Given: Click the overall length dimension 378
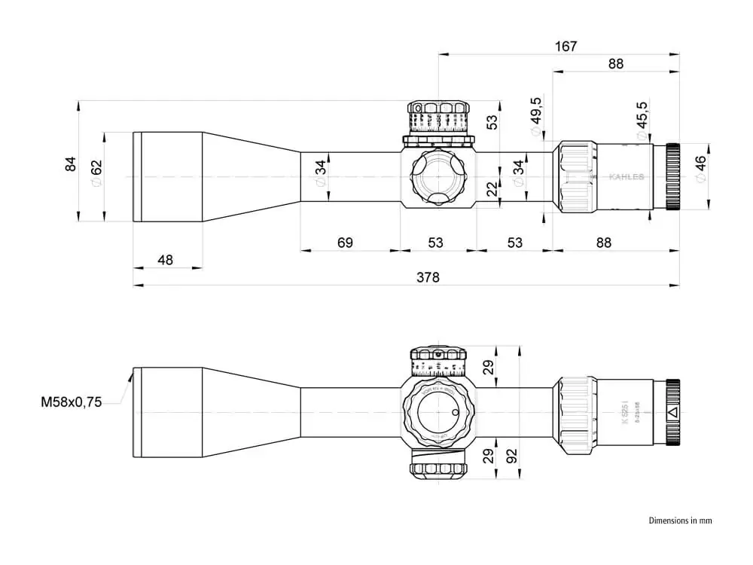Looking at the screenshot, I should (427, 277).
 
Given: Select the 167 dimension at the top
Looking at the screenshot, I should (566, 46).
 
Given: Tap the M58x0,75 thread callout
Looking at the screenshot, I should (71, 402).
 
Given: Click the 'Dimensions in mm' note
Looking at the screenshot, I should (680, 520).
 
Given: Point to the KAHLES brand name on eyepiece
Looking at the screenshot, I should (626, 177).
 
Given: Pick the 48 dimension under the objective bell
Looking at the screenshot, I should (166, 259).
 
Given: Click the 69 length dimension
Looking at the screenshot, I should (345, 243).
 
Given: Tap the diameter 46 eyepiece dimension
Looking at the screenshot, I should (700, 169).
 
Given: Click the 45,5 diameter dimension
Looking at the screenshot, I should (642, 117).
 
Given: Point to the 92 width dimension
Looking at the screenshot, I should (513, 456).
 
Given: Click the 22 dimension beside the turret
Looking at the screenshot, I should (492, 189).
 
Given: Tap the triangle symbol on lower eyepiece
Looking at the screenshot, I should (672, 412).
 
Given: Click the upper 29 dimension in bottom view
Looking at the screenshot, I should (488, 367).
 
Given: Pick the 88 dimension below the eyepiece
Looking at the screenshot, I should (603, 243).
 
